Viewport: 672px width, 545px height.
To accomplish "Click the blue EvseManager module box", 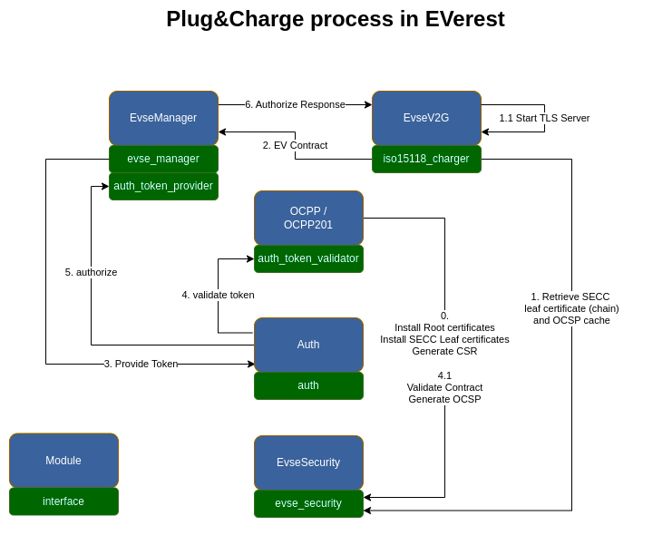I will (x=163, y=118).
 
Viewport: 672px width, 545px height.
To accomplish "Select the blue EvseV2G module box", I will (x=426, y=118).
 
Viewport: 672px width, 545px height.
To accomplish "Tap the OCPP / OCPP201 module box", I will (x=308, y=218).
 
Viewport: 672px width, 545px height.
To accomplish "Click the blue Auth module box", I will (x=308, y=345).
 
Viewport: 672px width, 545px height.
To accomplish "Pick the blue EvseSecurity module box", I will (x=308, y=462).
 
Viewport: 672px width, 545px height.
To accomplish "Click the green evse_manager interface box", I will (x=163, y=159).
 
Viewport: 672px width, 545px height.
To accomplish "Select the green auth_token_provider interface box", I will (x=163, y=186).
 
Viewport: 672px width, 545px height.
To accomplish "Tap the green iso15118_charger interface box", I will (x=426, y=159).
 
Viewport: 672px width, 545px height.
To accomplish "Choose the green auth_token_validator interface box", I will (x=308, y=258).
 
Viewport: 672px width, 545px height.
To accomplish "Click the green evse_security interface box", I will (x=308, y=503).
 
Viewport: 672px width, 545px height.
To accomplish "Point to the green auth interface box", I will (x=308, y=385).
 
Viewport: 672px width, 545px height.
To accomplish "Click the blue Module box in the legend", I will (x=63, y=461).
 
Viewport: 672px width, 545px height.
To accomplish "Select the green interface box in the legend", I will (x=63, y=501).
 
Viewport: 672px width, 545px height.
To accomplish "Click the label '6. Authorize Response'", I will (x=295, y=104).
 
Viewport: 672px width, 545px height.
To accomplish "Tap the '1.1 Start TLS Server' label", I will (x=544, y=118).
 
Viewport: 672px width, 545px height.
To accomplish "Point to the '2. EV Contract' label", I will (x=295, y=145).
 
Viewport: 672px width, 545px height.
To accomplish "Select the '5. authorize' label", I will (x=91, y=272).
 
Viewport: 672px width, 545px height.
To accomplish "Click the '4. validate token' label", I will (x=218, y=295).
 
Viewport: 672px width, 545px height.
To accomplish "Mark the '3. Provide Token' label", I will (x=141, y=364).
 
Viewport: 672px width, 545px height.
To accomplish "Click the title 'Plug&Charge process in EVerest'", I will (x=336, y=19).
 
